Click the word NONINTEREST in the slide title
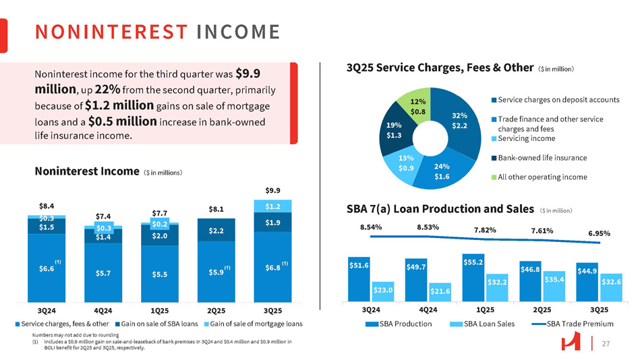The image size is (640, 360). (111, 32)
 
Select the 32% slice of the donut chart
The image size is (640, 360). (461, 120)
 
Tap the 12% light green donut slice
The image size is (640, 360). (417, 105)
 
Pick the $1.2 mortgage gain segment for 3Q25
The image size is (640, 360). (273, 206)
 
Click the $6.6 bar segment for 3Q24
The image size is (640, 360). (47, 268)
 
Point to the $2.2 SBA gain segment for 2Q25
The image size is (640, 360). (216, 231)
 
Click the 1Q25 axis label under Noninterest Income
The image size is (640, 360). (160, 309)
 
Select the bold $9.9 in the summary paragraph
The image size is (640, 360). (248, 73)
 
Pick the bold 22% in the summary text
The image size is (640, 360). (108, 90)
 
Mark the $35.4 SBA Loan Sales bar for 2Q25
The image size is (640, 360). (554, 286)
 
